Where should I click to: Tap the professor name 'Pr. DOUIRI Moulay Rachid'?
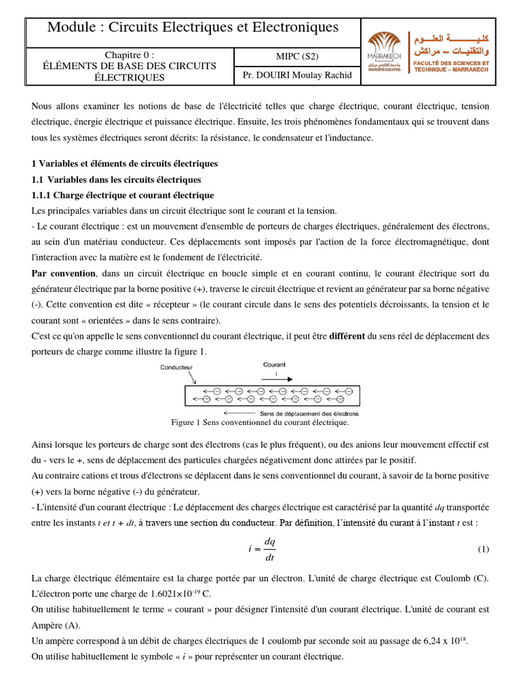click(x=297, y=75)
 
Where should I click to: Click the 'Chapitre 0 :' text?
click(x=130, y=54)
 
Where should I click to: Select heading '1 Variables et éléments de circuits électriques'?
click(x=125, y=164)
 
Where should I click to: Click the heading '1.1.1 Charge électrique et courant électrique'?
click(x=123, y=195)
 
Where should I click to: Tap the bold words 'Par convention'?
click(x=64, y=274)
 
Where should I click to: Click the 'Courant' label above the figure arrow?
click(x=275, y=364)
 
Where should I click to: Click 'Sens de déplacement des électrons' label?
click(x=309, y=413)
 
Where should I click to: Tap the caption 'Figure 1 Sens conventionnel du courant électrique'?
click(x=260, y=422)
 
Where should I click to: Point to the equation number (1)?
click(x=483, y=548)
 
